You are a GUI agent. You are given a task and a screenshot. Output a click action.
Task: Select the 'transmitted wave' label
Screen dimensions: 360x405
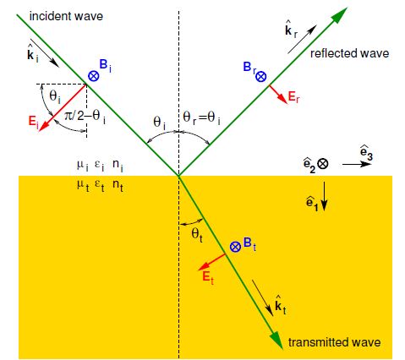(335, 341)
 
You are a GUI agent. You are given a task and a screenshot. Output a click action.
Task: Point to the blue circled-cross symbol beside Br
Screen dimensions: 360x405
(261, 76)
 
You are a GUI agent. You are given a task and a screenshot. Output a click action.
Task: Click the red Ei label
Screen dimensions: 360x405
(33, 122)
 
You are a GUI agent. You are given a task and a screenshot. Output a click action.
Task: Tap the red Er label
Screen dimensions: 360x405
(293, 98)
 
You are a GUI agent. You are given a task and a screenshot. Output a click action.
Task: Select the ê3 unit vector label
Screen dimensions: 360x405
(364, 153)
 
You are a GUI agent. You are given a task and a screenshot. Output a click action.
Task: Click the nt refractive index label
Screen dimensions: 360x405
(119, 183)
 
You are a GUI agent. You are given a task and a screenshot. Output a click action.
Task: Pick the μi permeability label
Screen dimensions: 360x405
(81, 166)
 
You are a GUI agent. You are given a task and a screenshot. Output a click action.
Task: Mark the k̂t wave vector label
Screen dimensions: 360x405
(281, 302)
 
